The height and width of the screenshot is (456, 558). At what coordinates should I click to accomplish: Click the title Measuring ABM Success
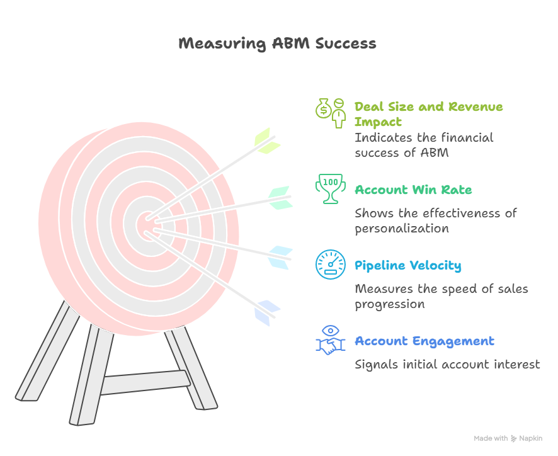(x=278, y=43)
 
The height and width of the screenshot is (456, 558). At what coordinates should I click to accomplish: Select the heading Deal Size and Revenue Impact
(x=428, y=114)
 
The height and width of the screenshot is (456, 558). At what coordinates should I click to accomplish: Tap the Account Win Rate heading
(x=413, y=190)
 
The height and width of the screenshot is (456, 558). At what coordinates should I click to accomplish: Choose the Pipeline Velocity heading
(x=407, y=265)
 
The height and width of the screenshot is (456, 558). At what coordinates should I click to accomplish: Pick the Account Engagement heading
(x=424, y=341)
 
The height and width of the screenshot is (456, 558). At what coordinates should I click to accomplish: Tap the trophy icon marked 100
(x=330, y=189)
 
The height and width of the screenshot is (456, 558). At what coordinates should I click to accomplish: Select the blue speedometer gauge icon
(x=331, y=265)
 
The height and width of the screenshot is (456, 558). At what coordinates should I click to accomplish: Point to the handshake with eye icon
(x=331, y=340)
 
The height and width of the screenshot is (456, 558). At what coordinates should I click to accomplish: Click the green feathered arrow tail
(x=266, y=141)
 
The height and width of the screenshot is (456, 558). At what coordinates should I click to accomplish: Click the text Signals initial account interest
(x=447, y=364)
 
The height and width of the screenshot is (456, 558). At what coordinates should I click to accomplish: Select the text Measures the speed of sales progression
(x=441, y=296)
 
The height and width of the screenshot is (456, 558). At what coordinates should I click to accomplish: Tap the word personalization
(x=402, y=228)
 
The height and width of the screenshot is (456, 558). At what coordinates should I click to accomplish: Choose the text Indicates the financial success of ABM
(x=424, y=145)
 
